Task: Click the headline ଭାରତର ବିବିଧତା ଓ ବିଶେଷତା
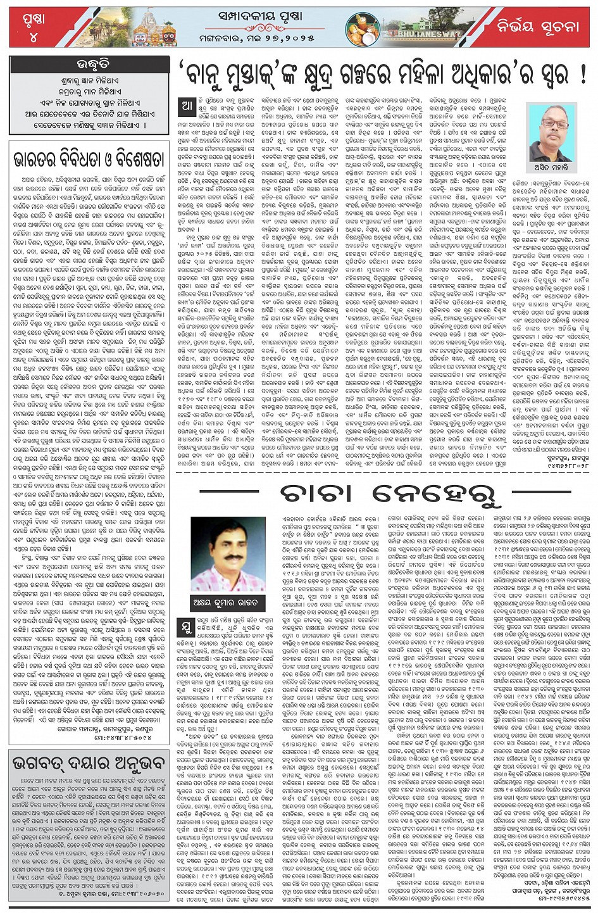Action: (x=89, y=158)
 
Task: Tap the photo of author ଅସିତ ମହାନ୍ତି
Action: (x=552, y=132)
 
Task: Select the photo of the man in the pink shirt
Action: (x=228, y=553)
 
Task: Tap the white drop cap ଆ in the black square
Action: (x=187, y=107)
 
